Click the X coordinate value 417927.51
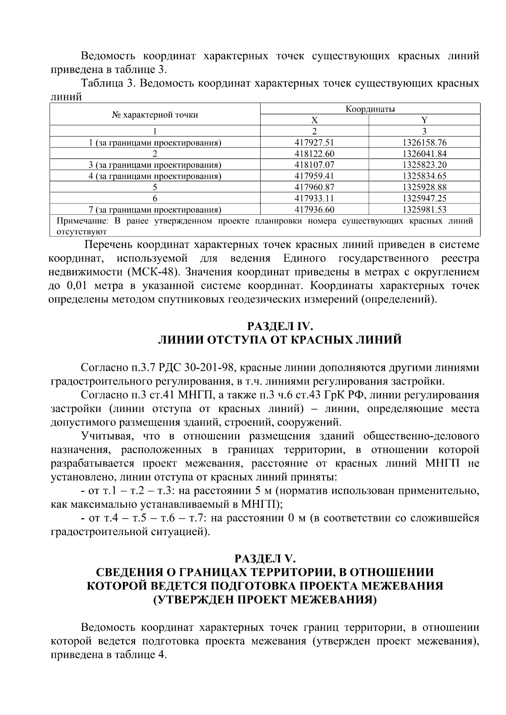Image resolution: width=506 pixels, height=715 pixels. pos(314,143)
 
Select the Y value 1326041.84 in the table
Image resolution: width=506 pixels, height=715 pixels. pos(424,154)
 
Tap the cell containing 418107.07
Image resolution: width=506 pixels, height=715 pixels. pos(314,165)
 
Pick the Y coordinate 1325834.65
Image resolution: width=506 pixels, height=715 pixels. pos(424,176)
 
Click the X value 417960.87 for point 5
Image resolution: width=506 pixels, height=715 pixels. pos(314,187)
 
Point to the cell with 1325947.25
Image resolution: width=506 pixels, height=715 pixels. pos(424,198)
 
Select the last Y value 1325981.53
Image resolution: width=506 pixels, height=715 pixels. pos(424,209)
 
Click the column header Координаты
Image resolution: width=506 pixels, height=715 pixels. pos(370,110)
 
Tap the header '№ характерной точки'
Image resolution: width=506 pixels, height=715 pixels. pos(155,115)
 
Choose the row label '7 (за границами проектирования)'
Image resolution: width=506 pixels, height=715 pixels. pos(155,209)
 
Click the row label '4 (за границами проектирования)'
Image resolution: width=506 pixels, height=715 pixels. pos(155,176)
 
